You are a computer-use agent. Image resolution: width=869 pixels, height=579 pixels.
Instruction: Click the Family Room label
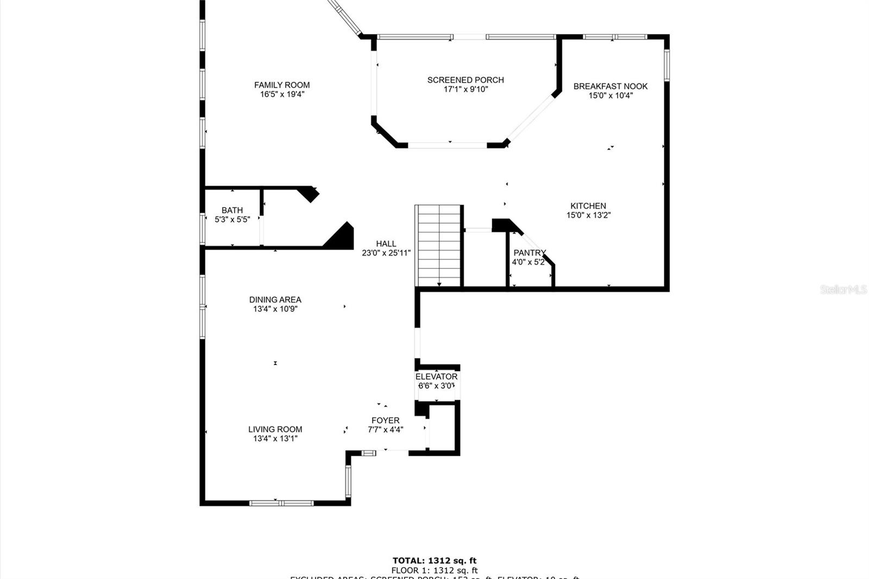282,85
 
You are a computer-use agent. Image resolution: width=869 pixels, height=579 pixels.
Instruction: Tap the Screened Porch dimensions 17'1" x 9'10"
465,90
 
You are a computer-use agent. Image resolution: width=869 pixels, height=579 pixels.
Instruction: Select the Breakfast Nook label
610,86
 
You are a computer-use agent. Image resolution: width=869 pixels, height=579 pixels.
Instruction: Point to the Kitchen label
588,206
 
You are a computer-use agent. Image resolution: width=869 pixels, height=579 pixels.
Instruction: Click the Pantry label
530,253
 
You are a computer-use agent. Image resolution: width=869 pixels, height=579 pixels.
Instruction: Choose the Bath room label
232,210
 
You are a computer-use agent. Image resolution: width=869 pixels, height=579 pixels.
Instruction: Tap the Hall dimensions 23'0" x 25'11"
386,253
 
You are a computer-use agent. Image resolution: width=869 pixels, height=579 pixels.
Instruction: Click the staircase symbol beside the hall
438,245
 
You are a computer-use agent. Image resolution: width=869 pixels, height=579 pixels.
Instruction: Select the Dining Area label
275,299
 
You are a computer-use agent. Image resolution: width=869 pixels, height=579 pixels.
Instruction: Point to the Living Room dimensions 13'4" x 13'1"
275,439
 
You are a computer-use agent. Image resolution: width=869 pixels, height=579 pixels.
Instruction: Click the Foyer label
385,420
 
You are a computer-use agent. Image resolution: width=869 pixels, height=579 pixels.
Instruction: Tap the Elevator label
436,376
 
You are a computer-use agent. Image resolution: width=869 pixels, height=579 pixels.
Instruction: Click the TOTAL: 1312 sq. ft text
434,561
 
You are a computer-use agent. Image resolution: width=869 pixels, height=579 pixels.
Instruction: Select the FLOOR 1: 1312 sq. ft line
434,570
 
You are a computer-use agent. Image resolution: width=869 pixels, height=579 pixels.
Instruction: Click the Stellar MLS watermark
843,289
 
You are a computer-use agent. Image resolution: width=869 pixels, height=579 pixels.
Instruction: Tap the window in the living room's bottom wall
281,503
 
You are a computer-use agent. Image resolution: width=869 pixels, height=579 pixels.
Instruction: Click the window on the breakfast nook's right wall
667,65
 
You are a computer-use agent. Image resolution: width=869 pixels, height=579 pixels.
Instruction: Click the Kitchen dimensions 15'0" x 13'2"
588,215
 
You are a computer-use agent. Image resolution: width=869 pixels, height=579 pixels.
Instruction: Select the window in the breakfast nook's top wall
615,37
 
